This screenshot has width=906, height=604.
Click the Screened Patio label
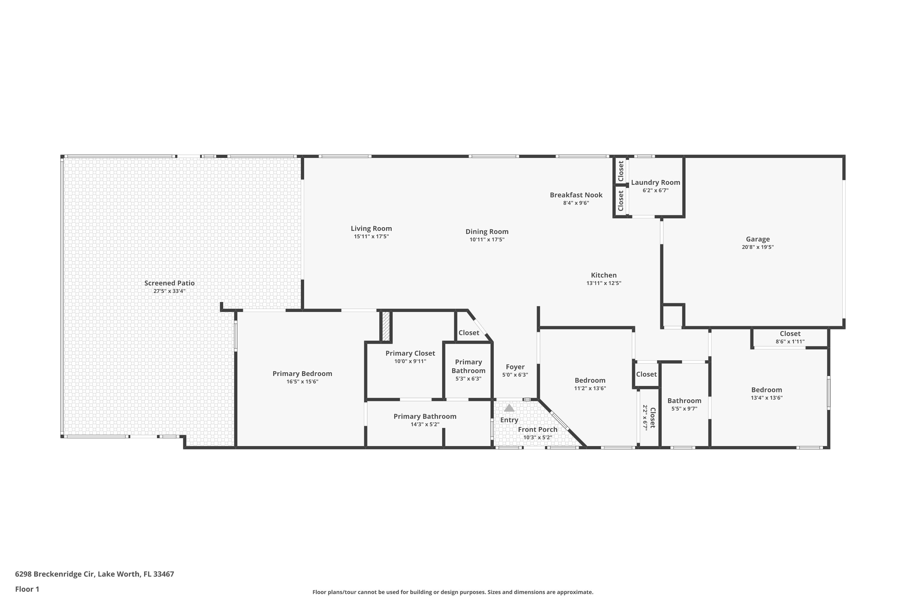169,283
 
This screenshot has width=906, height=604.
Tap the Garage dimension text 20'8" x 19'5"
757,247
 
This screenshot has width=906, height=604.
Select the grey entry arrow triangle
509,408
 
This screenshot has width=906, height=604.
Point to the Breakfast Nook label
576,195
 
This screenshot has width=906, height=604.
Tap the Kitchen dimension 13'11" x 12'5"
604,283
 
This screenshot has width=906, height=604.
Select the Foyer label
515,367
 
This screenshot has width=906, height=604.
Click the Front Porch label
537,429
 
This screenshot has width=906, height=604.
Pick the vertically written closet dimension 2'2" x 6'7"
645,417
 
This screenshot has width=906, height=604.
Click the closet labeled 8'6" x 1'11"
790,334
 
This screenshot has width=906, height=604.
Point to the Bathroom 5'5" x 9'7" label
684,401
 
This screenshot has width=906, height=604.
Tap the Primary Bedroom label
302,374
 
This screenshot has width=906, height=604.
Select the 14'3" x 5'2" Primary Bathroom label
425,416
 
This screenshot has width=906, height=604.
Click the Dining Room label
487,232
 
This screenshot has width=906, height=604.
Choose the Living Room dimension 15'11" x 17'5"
371,236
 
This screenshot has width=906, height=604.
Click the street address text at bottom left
94,574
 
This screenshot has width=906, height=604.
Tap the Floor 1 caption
27,589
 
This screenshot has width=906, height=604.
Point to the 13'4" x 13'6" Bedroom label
766,390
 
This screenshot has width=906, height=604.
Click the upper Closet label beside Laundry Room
621,171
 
